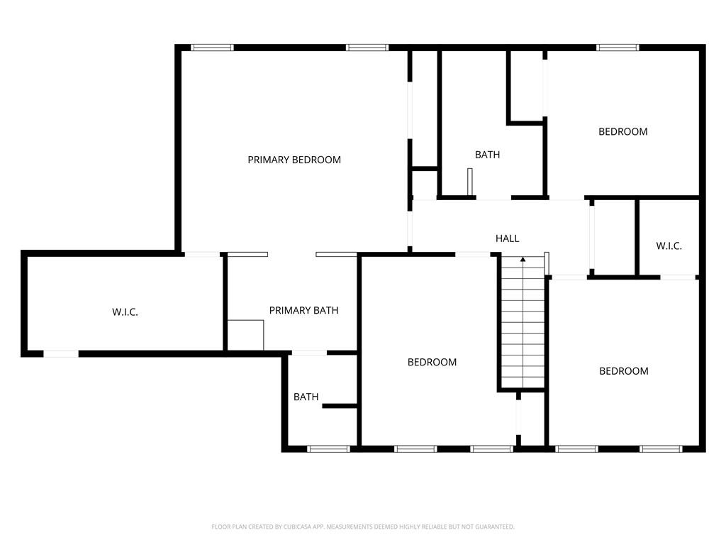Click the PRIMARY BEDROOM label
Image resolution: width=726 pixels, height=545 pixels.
[294, 160]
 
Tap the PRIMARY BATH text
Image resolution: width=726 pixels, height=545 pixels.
[303, 311]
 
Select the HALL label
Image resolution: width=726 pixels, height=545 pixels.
[507, 238]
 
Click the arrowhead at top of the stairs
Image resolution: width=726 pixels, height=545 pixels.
[523, 260]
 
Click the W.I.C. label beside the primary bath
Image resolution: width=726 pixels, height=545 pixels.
[125, 312]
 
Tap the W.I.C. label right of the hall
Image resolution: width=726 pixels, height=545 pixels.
[669, 246]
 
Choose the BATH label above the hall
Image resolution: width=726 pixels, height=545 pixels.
[488, 155]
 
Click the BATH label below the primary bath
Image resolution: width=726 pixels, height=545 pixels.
[306, 397]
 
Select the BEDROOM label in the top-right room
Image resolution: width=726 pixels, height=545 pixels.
[622, 131]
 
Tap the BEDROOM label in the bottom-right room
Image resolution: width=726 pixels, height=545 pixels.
[624, 371]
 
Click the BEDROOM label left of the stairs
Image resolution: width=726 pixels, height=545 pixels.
[432, 363]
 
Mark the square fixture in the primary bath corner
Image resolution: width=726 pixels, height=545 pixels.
[245, 335]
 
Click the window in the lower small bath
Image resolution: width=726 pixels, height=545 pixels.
[329, 448]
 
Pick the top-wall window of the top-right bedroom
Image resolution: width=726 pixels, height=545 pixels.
[618, 48]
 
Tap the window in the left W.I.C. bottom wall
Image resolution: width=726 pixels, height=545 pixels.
[61, 354]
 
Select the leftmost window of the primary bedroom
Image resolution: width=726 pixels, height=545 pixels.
[212, 48]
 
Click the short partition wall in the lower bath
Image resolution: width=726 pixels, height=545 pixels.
[340, 407]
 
